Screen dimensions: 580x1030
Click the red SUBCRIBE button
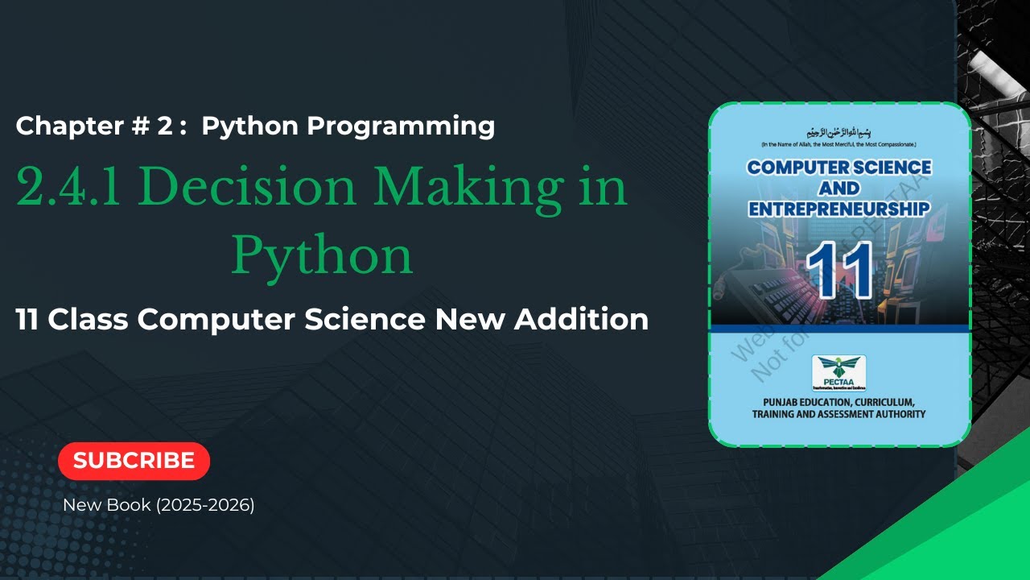tap(134, 461)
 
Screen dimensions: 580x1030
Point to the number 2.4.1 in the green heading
tap(72, 188)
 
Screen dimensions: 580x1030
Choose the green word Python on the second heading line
tap(322, 256)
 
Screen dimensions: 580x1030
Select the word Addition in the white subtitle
tap(581, 320)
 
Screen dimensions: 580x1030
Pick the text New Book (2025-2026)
tap(159, 506)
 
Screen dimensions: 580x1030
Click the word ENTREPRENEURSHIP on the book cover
tap(839, 209)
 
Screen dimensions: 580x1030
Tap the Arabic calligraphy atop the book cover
tap(838, 132)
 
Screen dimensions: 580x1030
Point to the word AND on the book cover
tap(838, 188)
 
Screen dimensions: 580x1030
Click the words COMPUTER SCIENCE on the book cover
tap(839, 168)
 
